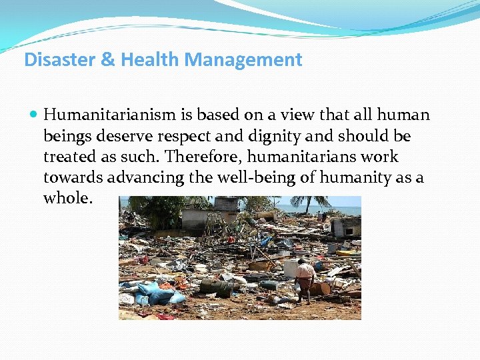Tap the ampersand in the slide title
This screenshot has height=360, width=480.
[x=108, y=60]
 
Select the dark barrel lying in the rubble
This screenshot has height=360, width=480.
[x=217, y=287]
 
